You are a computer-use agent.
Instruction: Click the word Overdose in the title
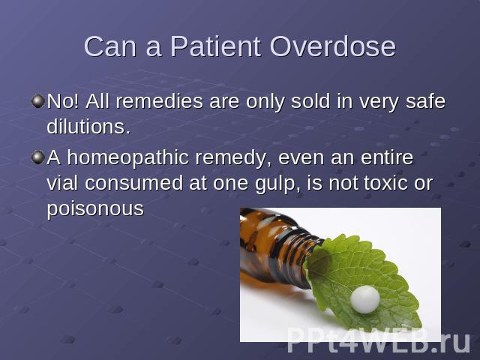tap(333, 46)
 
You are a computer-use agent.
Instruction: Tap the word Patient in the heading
tap(215, 46)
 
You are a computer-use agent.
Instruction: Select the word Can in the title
tap(110, 46)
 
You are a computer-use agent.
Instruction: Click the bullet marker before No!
tap(38, 101)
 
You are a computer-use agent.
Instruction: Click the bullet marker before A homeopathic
tap(38, 157)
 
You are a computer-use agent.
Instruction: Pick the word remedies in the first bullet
tap(160, 101)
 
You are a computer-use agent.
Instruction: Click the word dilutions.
tap(88, 127)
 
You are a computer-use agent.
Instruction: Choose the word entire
tap(387, 157)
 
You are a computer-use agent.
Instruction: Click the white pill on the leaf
tap(365, 299)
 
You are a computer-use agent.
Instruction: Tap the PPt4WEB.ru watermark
tap(379, 340)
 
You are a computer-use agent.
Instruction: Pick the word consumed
tap(133, 183)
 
